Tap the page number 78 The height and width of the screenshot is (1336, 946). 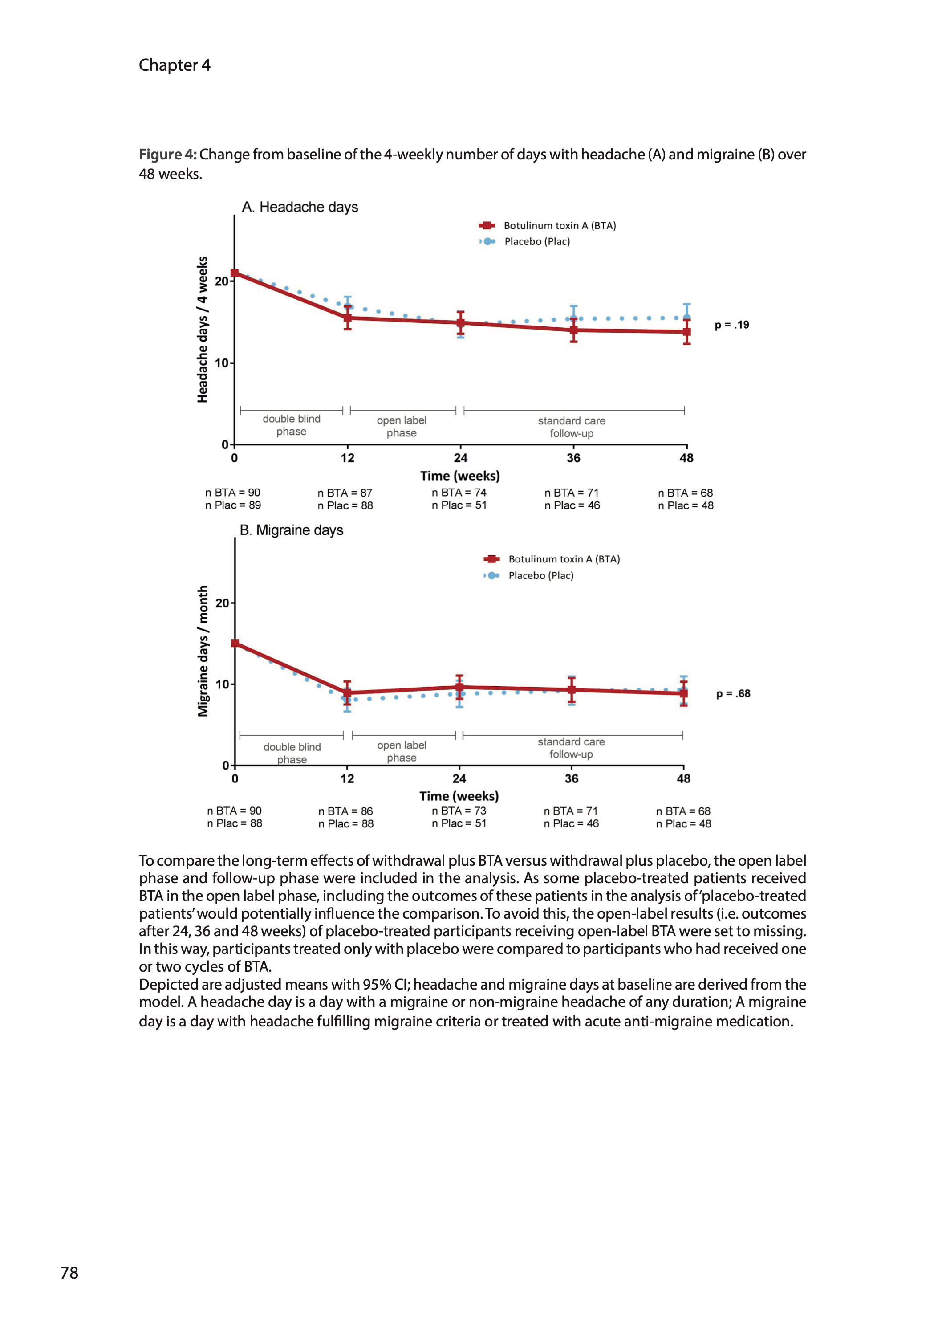pos(69,1272)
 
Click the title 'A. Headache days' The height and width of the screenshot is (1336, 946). pos(300,207)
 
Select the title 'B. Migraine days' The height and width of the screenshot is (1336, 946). pos(291,530)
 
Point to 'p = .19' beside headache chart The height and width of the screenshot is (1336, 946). pos(731,325)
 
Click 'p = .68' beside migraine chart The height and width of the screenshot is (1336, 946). pos(733,693)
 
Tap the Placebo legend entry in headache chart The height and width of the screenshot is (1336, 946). pos(536,241)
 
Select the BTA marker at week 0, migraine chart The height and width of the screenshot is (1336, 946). pos(235,643)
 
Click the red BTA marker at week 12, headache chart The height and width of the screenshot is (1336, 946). pos(348,318)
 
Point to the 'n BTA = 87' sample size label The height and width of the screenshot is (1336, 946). pos(345,493)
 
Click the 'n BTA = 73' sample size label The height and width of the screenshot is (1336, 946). pos(459,811)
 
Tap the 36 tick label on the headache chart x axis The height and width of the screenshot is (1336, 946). pos(573,458)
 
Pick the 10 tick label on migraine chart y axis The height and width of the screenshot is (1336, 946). pos(222,684)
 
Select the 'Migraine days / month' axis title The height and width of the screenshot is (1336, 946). pos(203,651)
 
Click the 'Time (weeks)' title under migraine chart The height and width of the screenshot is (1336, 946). pos(459,796)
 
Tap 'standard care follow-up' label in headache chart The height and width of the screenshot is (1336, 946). pos(572,427)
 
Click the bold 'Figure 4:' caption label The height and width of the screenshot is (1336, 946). pos(168,155)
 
